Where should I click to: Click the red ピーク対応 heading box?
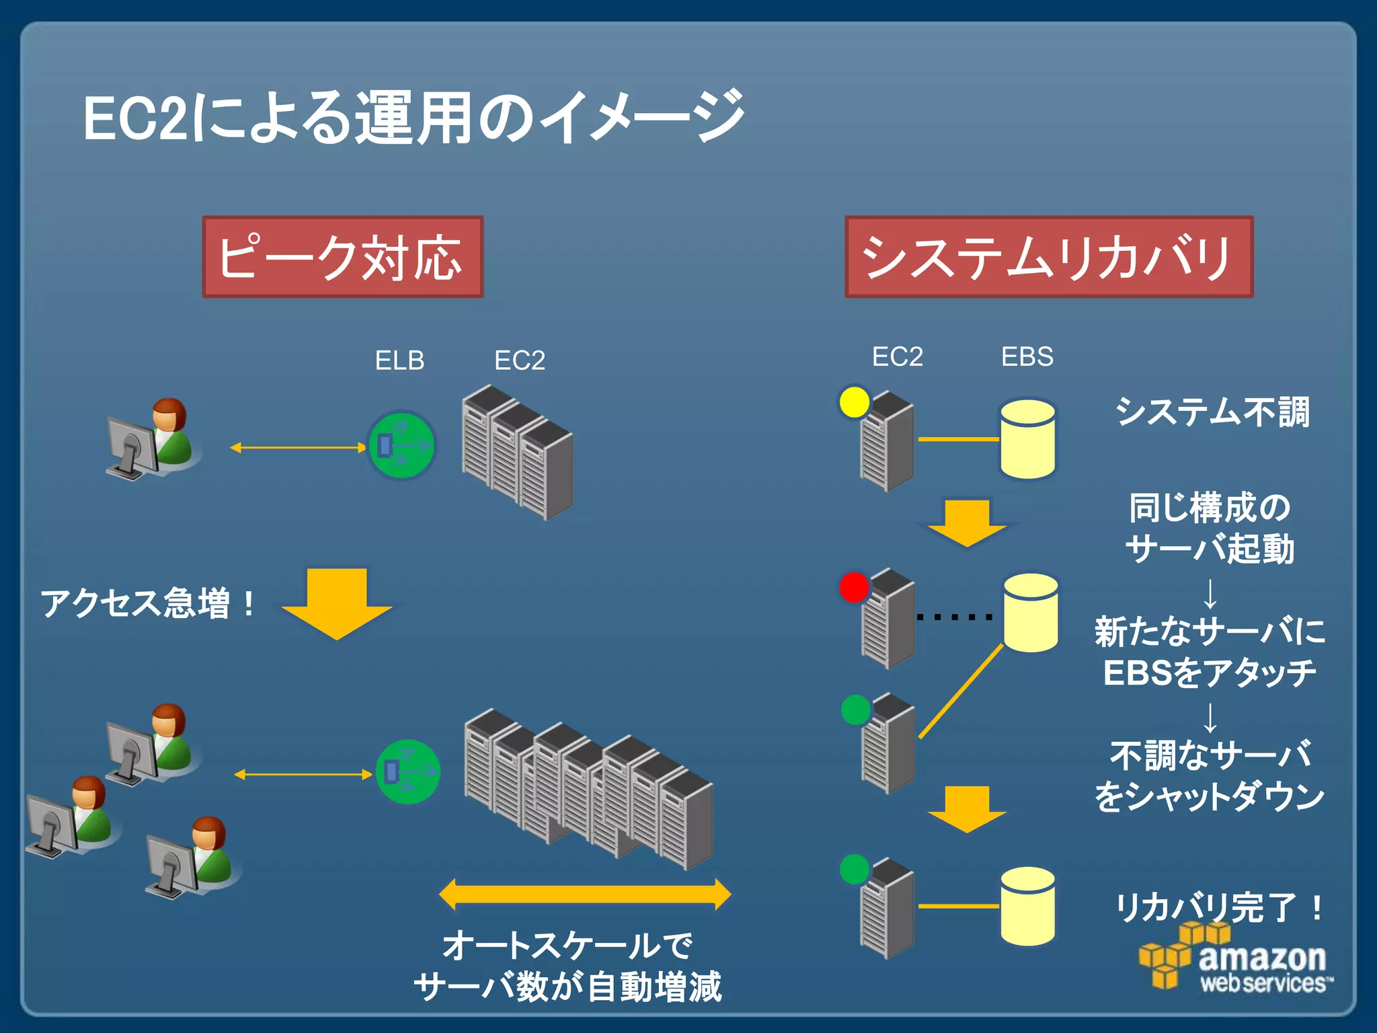342,257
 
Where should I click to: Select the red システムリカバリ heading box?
1048,257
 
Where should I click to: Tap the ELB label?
399,360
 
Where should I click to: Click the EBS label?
1027,356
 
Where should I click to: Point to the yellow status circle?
854,402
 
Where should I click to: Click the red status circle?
854,587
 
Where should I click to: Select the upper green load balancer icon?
401,445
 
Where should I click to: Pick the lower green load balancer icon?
407,771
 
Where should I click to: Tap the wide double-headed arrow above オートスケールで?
584,894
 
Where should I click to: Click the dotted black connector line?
955,617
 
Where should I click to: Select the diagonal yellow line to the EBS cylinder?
961,691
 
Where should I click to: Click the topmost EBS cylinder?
1027,439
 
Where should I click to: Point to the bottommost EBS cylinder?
1027,907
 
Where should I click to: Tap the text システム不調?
1212,412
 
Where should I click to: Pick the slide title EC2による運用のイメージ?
414,118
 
